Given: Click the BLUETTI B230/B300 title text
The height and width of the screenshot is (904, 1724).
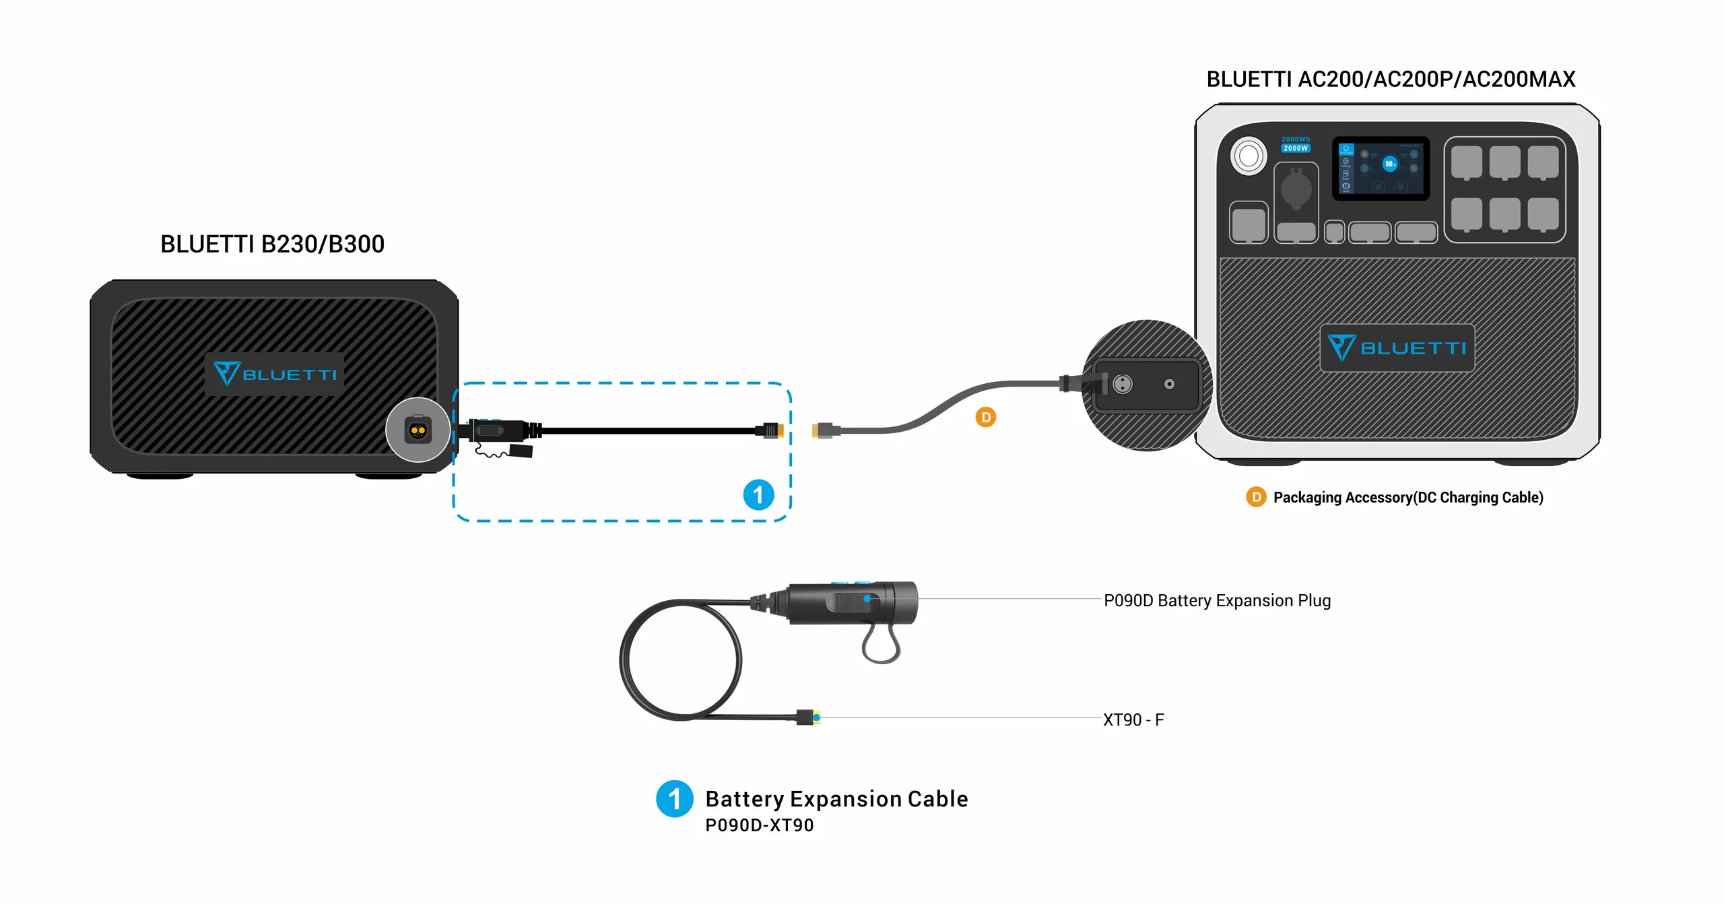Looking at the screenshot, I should [272, 244].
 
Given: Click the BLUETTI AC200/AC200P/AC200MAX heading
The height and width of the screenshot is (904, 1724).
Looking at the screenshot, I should [1390, 79].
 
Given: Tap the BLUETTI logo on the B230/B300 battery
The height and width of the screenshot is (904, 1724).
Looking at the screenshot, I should [275, 374].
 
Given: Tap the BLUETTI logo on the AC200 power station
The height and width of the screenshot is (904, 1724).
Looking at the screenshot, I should [1397, 348].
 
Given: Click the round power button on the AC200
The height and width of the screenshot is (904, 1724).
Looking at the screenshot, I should [1248, 156].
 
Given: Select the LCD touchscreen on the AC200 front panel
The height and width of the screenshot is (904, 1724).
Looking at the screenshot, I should [1380, 168].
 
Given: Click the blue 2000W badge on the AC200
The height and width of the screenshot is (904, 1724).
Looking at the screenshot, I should [1295, 148].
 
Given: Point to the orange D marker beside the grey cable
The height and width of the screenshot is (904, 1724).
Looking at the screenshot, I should [985, 418].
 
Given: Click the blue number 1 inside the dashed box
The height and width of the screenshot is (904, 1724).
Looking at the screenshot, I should [758, 495].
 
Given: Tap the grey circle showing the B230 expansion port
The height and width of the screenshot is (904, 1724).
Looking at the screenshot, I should [418, 430].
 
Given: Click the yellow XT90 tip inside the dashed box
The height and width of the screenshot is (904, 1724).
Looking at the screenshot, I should [779, 430].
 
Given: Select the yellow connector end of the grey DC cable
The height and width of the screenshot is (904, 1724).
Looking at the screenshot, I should [817, 430].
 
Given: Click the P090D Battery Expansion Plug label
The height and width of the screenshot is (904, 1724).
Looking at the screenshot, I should [1217, 600].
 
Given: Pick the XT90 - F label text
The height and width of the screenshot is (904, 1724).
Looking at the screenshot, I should [1133, 719].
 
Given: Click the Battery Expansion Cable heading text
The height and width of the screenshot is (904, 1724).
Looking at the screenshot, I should [836, 799].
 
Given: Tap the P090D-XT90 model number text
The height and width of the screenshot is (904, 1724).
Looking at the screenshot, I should [759, 825].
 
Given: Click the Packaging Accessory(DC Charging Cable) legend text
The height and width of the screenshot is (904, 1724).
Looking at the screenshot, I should [1407, 497].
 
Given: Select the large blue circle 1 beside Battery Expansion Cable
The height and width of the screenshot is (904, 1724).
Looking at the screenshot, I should [674, 799].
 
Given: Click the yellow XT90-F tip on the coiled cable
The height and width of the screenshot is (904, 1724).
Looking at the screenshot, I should [816, 717].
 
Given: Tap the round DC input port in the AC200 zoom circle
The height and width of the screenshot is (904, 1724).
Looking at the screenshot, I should [1122, 384].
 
